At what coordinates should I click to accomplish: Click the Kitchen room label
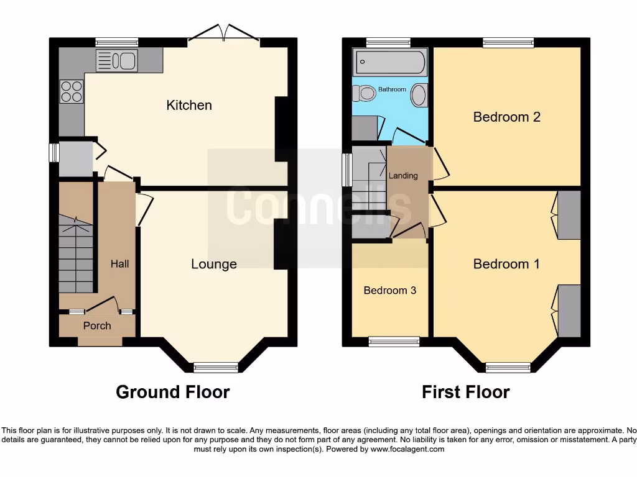click(189, 105)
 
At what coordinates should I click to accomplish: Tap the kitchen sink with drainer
click(116, 61)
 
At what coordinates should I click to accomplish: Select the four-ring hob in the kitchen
click(72, 91)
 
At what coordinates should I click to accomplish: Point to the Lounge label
click(213, 264)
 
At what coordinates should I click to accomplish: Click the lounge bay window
click(216, 368)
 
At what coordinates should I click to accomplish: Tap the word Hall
click(119, 264)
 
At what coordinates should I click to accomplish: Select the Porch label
click(97, 325)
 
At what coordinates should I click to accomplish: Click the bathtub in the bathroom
click(390, 63)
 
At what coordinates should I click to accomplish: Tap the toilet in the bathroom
click(365, 94)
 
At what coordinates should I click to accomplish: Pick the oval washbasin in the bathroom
click(420, 96)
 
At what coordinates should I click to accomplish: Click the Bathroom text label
click(392, 89)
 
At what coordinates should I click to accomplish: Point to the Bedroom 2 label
click(506, 117)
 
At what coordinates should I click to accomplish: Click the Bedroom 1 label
click(506, 264)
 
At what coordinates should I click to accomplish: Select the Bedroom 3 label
click(389, 290)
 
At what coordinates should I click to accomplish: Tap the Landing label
click(403, 176)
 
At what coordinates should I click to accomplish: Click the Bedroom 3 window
click(394, 341)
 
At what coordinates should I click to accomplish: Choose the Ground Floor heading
click(173, 392)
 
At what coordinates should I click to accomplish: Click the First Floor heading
click(465, 392)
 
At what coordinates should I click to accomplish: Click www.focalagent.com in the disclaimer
click(407, 449)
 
